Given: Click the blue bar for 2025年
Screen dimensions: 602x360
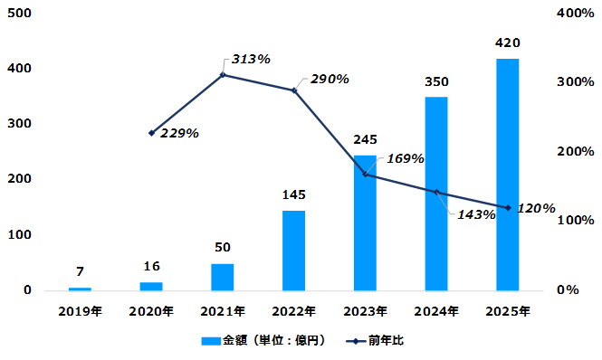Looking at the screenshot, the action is pyautogui.click(x=508, y=175).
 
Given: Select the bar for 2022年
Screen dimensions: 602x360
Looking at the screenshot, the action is pyautogui.click(x=293, y=251).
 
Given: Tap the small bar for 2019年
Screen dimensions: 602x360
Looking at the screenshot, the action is pyautogui.click(x=80, y=289).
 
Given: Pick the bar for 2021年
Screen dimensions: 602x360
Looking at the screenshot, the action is pyautogui.click(x=223, y=277).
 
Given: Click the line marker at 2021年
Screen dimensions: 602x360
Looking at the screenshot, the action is pyautogui.click(x=223, y=75).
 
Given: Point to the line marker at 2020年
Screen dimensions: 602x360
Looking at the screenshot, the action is pyautogui.click(x=151, y=133).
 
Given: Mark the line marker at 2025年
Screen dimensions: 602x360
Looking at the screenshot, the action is pyautogui.click(x=508, y=208).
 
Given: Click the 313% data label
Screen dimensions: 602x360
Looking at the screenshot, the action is pyautogui.click(x=251, y=59).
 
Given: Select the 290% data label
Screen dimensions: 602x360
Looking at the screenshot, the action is pyautogui.click(x=330, y=79).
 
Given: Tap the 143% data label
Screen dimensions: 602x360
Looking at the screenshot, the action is pyautogui.click(x=476, y=214).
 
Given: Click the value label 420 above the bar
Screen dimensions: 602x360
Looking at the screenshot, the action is pyautogui.click(x=508, y=43).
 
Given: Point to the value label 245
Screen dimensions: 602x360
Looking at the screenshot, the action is pyautogui.click(x=365, y=139).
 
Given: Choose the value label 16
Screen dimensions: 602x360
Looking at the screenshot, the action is pyautogui.click(x=152, y=266).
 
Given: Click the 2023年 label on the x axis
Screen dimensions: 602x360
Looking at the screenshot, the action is pyautogui.click(x=365, y=311).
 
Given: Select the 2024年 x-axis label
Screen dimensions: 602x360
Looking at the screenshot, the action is pyautogui.click(x=436, y=311).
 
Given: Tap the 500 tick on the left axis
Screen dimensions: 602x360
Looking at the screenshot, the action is pyautogui.click(x=20, y=13).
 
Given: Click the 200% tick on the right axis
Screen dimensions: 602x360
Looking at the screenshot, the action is pyautogui.click(x=576, y=151).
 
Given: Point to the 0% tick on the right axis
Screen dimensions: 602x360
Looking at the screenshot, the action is pyautogui.click(x=568, y=289).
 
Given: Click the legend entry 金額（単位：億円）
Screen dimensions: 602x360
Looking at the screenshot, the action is pyautogui.click(x=263, y=340).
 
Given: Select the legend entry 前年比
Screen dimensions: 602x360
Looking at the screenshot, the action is pyautogui.click(x=375, y=340).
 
